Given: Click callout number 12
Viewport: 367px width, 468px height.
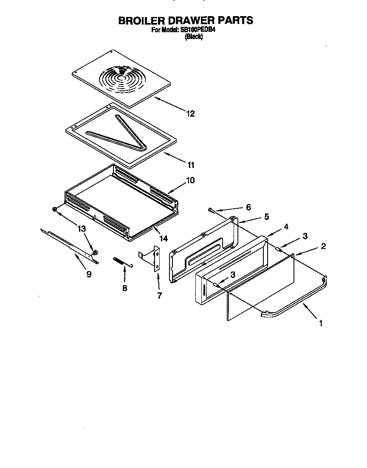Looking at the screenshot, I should pyautogui.click(x=190, y=114).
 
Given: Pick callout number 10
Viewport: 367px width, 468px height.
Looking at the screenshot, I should pyautogui.click(x=190, y=180).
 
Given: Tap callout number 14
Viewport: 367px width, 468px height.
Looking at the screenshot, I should pyautogui.click(x=158, y=239).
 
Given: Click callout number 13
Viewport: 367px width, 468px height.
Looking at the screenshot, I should pyautogui.click(x=82, y=229).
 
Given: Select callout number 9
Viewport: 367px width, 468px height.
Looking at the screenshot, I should pyautogui.click(x=89, y=274).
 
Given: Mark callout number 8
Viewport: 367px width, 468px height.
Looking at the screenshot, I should pyautogui.click(x=124, y=288).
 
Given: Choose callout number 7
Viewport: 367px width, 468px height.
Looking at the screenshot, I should pyautogui.click(x=159, y=296).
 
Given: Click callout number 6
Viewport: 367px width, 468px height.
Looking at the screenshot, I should pyautogui.click(x=248, y=207).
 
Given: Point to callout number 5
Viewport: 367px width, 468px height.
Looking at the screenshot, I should pyautogui.click(x=266, y=216).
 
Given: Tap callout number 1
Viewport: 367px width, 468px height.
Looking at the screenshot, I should pyautogui.click(x=320, y=324).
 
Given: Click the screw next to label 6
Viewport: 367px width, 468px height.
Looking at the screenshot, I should pyautogui.click(x=211, y=210).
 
